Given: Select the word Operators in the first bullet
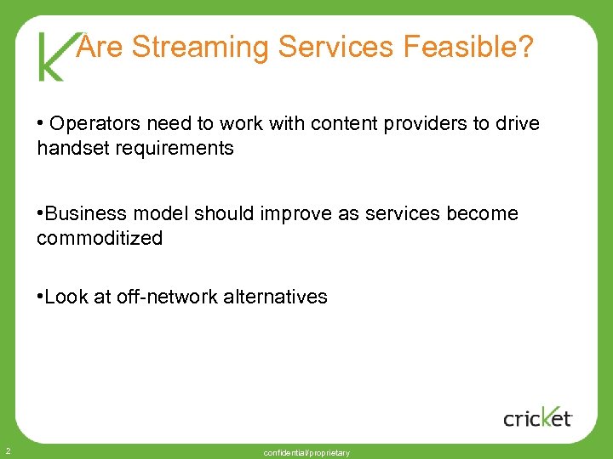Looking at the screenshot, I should point(89,124).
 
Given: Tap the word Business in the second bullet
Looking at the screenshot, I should point(81,213).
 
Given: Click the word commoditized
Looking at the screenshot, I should point(100,238).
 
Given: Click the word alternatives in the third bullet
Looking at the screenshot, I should point(275,297).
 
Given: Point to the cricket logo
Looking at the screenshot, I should point(538,416).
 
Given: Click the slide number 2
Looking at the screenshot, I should point(6,450).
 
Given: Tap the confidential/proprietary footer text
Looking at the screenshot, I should point(306,453).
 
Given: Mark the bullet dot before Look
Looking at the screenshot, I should point(40,297).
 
